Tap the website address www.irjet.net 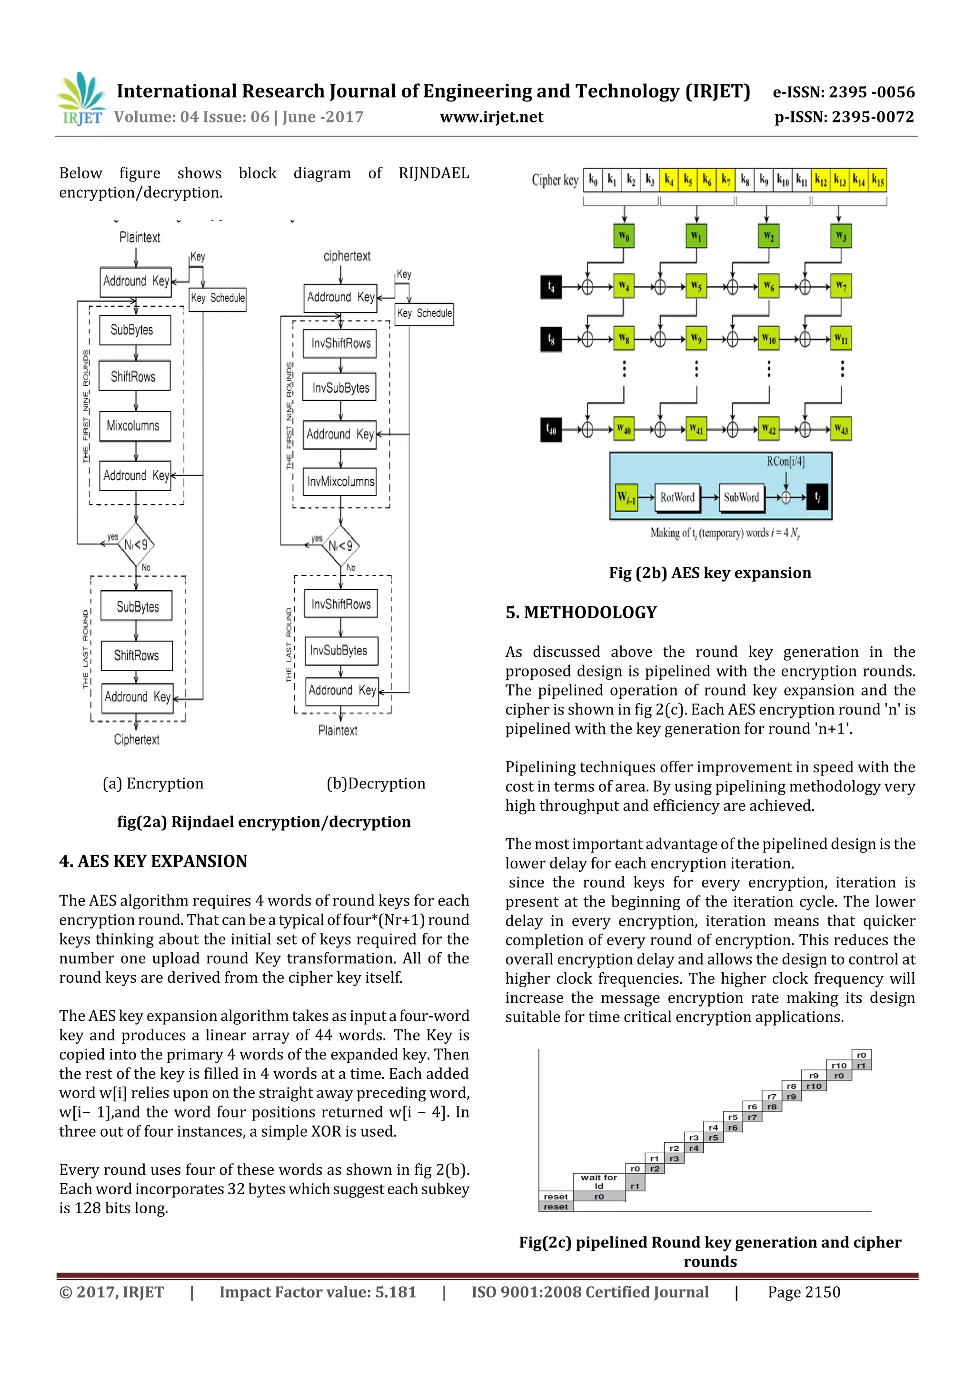point(491,117)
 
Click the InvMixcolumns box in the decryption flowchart point(340,482)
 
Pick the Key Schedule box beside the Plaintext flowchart point(218,298)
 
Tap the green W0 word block point(624,236)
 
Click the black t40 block point(551,430)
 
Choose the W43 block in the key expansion point(841,429)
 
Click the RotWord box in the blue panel point(677,498)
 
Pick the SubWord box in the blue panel point(741,498)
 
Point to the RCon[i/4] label point(785,462)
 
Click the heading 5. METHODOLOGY point(581,613)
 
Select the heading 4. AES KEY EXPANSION point(153,861)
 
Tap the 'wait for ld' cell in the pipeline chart point(598,1182)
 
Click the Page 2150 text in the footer point(804,1292)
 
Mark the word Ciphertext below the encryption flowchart point(137,739)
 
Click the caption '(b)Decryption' point(376,784)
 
